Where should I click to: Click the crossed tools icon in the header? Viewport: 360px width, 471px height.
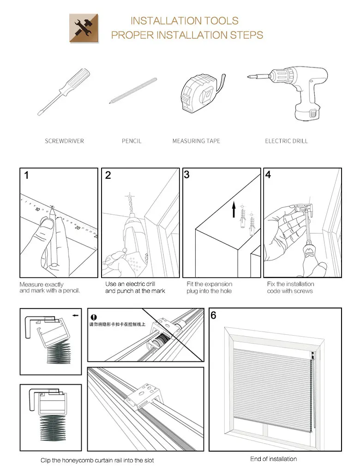tap(84, 28)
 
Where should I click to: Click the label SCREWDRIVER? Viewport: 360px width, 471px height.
tap(64, 141)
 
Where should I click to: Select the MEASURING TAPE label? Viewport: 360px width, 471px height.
tap(196, 141)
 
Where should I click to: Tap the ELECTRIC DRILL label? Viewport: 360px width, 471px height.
tap(286, 141)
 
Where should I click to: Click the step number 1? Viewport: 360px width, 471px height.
tap(27, 175)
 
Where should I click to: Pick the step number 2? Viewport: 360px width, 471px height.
tap(108, 175)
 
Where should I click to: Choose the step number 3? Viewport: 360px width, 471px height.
tap(186, 175)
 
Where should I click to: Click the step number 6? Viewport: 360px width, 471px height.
tap(213, 316)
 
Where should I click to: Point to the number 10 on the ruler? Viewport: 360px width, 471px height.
tap(37, 209)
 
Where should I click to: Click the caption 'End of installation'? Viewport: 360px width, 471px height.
tap(273, 459)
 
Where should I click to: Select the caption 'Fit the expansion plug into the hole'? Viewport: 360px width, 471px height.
tap(209, 288)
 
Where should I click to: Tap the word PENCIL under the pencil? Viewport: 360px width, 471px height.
tap(132, 141)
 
